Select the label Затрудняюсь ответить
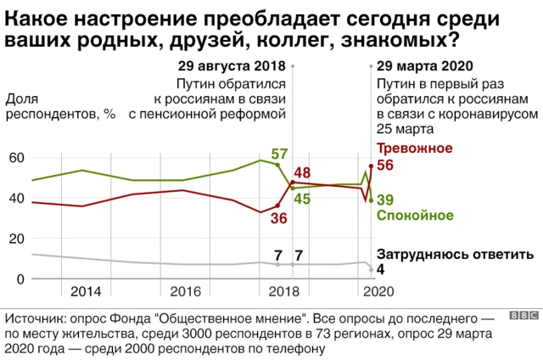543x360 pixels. tap(454, 254)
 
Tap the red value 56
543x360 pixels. tap(384, 166)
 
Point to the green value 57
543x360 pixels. tap(279, 154)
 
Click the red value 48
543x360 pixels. tap(301, 172)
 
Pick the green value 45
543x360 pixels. tap(301, 199)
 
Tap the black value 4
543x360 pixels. tap(381, 269)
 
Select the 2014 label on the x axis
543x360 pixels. tap(86, 291)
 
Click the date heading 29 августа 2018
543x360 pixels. tap(232, 66)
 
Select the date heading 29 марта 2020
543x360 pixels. tap(423, 66)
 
